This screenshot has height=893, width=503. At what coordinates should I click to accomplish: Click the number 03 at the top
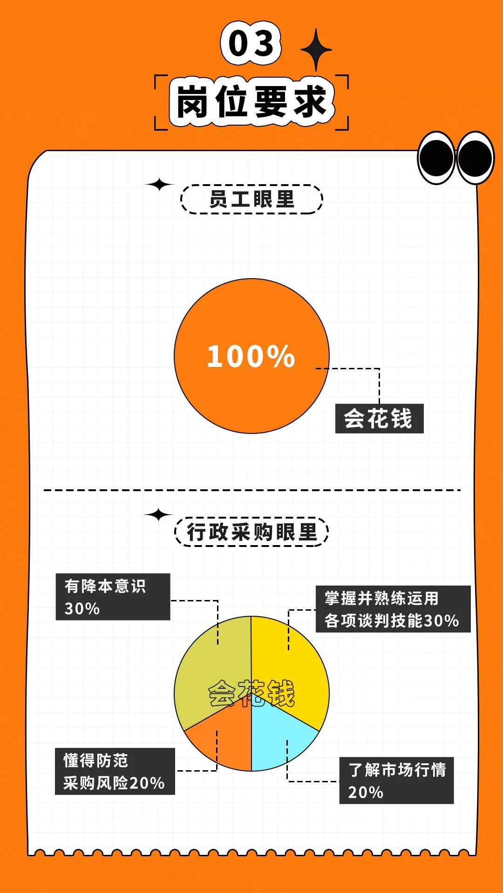click(251, 43)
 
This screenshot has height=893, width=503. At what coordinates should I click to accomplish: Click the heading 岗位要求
click(251, 101)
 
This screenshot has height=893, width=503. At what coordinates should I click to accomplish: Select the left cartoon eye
click(436, 158)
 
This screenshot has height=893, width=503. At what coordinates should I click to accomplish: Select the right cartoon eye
click(475, 158)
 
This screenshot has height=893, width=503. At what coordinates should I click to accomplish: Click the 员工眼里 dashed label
click(251, 200)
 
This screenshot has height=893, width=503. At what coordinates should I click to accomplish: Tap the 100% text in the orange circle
click(251, 357)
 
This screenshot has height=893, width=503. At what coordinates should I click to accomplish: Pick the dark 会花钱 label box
click(379, 419)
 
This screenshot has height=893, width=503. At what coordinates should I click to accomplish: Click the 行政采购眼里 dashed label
click(251, 532)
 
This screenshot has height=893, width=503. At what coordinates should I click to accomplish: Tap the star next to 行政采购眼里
click(159, 514)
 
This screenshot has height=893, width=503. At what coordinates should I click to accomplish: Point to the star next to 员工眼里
click(159, 184)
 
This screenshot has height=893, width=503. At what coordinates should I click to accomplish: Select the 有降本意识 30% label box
click(113, 597)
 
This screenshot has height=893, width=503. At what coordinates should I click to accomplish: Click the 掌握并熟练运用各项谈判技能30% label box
click(393, 609)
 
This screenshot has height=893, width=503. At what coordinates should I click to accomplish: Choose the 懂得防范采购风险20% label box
click(115, 771)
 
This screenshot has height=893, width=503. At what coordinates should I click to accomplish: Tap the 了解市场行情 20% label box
click(396, 780)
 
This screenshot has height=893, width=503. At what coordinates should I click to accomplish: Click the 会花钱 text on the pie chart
click(251, 693)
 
